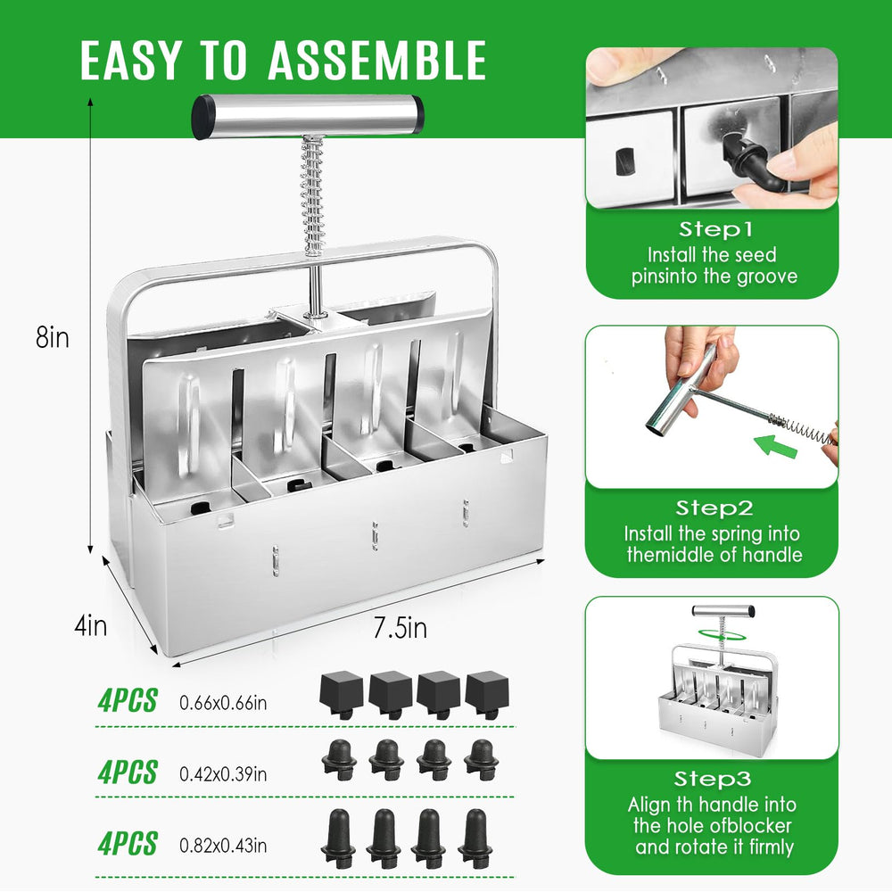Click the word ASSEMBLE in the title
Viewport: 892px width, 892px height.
tap(377, 60)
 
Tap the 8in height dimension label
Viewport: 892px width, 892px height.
tap(53, 337)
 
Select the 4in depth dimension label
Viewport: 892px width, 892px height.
tap(90, 626)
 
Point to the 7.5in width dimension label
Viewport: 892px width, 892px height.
tap(400, 628)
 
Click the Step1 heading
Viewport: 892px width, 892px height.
tap(715, 229)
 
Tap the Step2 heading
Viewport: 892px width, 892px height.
tap(714, 508)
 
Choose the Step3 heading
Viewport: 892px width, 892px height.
tap(712, 778)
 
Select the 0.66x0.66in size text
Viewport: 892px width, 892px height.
tap(223, 703)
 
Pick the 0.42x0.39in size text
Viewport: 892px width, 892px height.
tap(223, 774)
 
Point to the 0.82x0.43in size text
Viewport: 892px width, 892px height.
tap(223, 846)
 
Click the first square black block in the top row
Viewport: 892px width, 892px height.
tap(342, 694)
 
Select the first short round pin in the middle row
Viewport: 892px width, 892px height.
tap(339, 759)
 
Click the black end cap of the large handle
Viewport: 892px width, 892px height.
tap(203, 118)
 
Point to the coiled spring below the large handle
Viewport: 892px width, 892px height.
tap(313, 195)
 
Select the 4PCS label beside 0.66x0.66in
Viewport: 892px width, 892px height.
tap(128, 701)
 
